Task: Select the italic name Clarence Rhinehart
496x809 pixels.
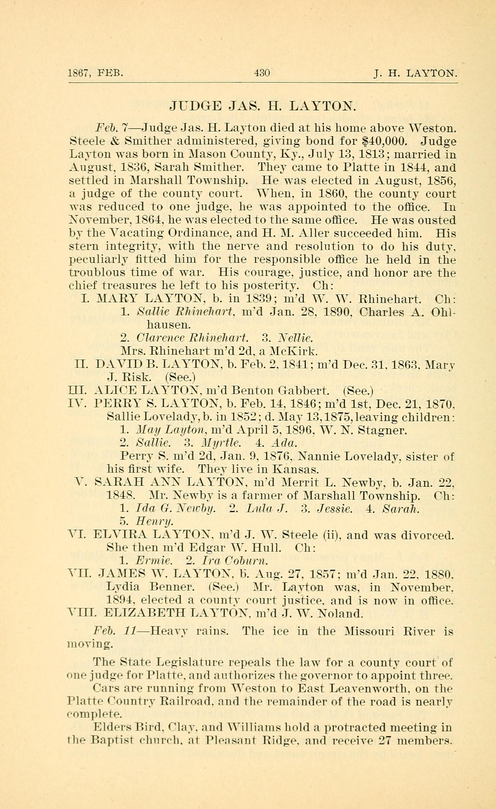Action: (192, 338)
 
